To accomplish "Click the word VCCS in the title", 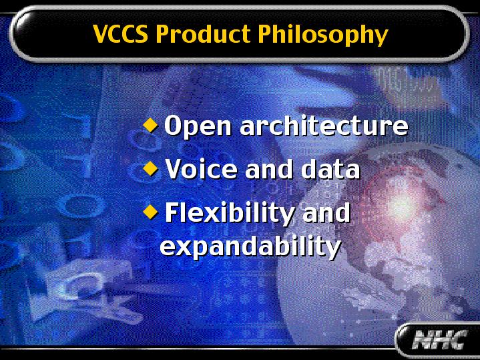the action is pos(120,33).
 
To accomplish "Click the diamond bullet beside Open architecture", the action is pos(150,125).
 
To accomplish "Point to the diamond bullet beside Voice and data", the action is pos(150,168).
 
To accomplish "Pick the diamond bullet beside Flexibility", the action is pos(150,211).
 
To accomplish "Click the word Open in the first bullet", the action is pos(198,126).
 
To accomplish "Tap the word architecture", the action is pos(324,125).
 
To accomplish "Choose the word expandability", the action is pos(250,246).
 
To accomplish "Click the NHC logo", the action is pos(439,339).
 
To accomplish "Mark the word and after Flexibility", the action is pos(326,212).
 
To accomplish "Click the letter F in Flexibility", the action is pos(172,212).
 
